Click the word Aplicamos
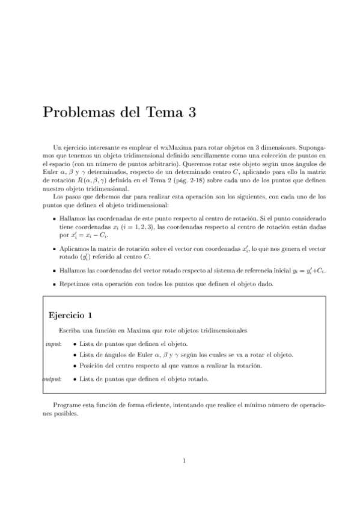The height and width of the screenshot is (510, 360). click(75, 247)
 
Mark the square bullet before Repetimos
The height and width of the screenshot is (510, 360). click(55, 284)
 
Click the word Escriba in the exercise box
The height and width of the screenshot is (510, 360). click(69, 331)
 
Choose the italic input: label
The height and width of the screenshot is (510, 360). click(52, 343)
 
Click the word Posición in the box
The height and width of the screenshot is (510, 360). click(91, 366)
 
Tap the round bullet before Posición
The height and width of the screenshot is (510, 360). click(74, 366)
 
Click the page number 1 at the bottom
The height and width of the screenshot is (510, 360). click(184, 461)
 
